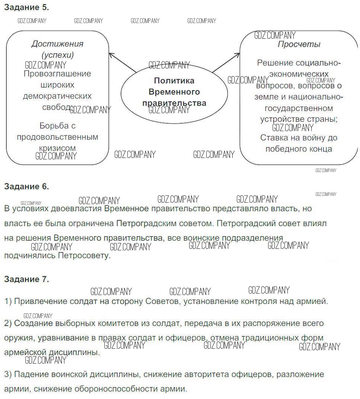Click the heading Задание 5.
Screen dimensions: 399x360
click(x=26, y=7)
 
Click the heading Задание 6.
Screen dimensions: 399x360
click(x=26, y=186)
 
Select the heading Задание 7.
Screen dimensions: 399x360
click(x=26, y=279)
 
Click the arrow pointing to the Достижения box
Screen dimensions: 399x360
click(x=122, y=62)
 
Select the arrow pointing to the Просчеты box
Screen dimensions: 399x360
click(x=226, y=62)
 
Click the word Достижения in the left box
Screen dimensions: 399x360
click(x=57, y=44)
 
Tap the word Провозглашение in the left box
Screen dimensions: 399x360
click(x=57, y=74)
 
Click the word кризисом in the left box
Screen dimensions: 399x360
click(x=57, y=148)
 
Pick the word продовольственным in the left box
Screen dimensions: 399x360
click(x=57, y=137)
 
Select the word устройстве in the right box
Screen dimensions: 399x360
click(x=281, y=120)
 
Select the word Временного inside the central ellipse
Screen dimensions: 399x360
click(x=174, y=92)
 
